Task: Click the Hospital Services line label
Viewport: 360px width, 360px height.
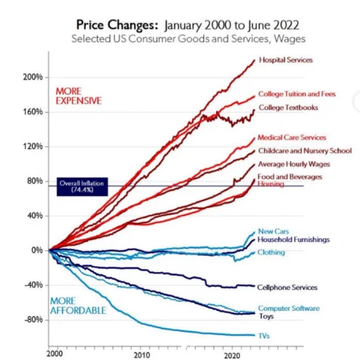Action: (286, 60)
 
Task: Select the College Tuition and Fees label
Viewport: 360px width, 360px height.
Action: (297, 94)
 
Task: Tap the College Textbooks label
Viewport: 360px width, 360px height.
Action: (288, 107)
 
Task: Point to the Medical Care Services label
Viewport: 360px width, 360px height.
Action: (292, 138)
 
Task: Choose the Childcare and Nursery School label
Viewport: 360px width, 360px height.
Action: (305, 151)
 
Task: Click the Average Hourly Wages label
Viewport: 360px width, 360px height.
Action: (294, 164)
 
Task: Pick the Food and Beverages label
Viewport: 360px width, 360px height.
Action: (290, 177)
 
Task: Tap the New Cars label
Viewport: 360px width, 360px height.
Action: (273, 231)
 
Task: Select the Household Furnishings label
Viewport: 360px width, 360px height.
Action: (293, 240)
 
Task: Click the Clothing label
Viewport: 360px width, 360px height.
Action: (271, 253)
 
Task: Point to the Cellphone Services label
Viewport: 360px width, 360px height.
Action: (287, 287)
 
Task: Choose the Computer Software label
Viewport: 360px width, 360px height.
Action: (289, 309)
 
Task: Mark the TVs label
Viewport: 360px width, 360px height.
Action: (264, 336)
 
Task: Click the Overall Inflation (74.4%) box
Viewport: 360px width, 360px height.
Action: (82, 187)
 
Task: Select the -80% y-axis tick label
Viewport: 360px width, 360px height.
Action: (33, 320)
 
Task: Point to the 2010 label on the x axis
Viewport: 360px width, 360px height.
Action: (141, 355)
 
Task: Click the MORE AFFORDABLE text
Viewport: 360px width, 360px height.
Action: (78, 306)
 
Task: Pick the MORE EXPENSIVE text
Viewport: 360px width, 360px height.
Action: (79, 96)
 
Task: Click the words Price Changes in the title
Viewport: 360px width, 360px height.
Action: (117, 25)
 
